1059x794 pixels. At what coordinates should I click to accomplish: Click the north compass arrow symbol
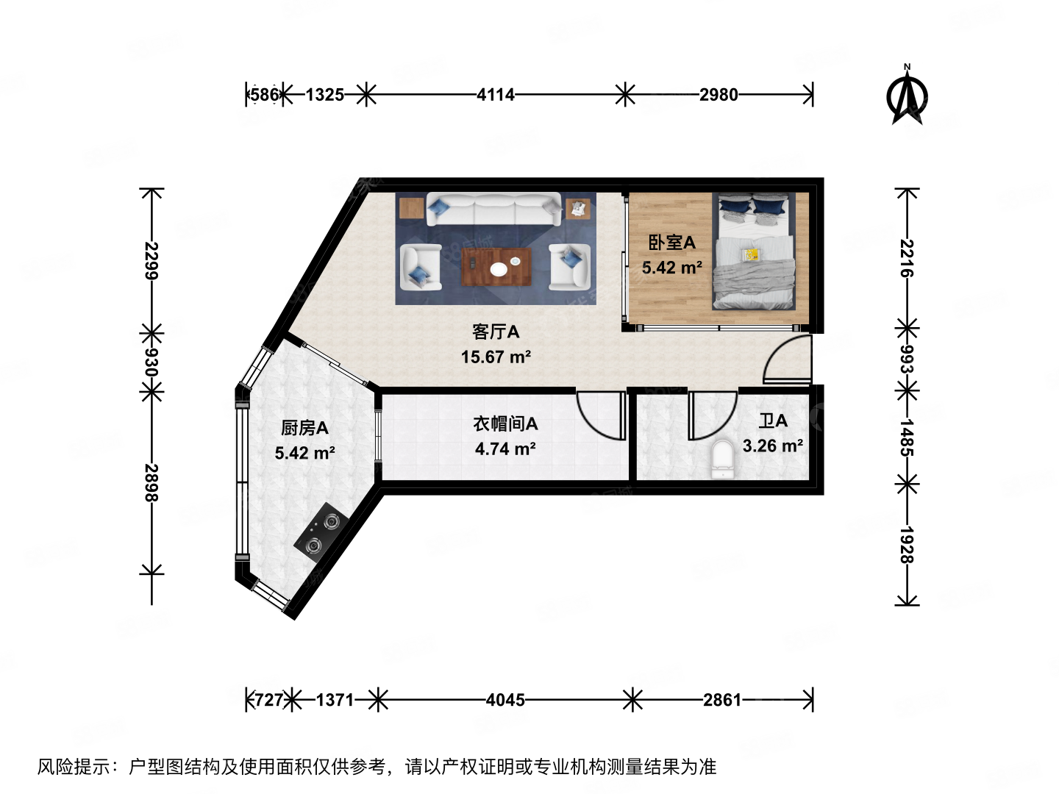pyautogui.click(x=908, y=96)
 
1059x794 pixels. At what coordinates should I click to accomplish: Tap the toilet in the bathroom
pyautogui.click(x=724, y=459)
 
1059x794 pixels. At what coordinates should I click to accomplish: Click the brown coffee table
pyautogui.click(x=496, y=268)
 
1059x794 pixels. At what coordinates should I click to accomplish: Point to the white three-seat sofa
pyautogui.click(x=493, y=210)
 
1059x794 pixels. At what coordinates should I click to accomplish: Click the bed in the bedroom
pyautogui.click(x=754, y=254)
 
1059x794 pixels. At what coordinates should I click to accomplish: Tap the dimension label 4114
pyautogui.click(x=496, y=95)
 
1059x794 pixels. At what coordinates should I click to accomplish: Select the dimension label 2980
pyautogui.click(x=719, y=95)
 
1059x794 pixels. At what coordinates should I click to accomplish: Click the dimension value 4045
pyautogui.click(x=505, y=700)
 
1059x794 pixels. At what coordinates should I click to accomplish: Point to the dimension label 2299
pyautogui.click(x=151, y=261)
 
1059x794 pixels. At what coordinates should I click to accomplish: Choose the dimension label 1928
pyautogui.click(x=907, y=545)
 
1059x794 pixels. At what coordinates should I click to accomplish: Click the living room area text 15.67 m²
pyautogui.click(x=496, y=357)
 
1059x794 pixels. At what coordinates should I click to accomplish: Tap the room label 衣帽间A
pyautogui.click(x=505, y=424)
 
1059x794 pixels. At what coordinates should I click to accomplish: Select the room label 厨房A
pyautogui.click(x=304, y=428)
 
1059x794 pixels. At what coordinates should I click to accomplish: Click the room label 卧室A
pyautogui.click(x=671, y=243)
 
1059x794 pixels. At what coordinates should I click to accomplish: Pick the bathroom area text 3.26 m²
pyautogui.click(x=772, y=446)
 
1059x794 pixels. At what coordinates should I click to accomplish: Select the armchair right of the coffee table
pyautogui.click(x=570, y=266)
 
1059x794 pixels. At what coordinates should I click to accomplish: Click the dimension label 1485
pyautogui.click(x=907, y=437)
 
